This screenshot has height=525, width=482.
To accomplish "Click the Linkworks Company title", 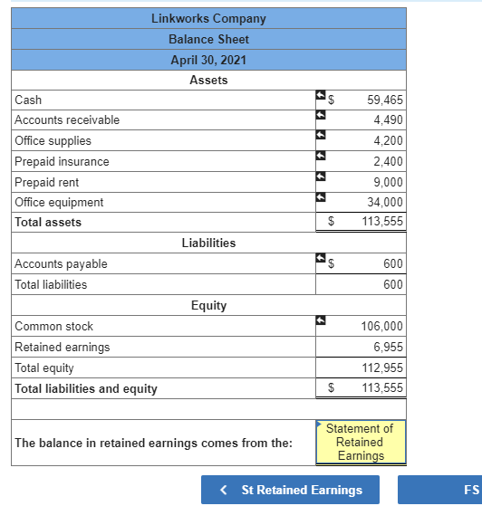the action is point(208,19).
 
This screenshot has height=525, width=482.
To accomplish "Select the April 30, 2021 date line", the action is point(208,60).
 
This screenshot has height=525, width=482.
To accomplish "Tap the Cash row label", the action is point(28,100).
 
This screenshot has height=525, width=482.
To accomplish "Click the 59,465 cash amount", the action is point(385,100).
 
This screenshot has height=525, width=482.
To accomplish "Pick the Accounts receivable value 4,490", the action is point(388,120).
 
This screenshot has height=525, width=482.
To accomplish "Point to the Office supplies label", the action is point(53,141).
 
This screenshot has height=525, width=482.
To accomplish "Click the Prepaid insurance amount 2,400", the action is point(388,162).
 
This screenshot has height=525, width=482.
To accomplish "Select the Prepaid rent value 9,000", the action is point(388,182).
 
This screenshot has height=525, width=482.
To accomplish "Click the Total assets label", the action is point(48,223).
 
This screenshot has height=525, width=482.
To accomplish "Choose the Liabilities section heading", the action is point(208,243).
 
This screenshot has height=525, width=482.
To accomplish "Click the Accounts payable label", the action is point(61,264).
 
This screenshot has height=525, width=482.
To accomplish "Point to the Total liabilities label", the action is point(51,284).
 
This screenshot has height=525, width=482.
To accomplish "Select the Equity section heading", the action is point(208,306).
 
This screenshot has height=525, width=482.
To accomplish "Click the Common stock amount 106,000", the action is point(381,327).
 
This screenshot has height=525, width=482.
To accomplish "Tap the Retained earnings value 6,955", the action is point(388,348).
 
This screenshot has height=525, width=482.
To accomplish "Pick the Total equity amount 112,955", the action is point(381,368).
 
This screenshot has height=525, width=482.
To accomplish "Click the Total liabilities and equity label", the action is point(86,389).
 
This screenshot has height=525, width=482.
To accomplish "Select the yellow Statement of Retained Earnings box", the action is point(360,443).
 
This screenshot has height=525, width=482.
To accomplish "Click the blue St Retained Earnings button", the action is point(292,490).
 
